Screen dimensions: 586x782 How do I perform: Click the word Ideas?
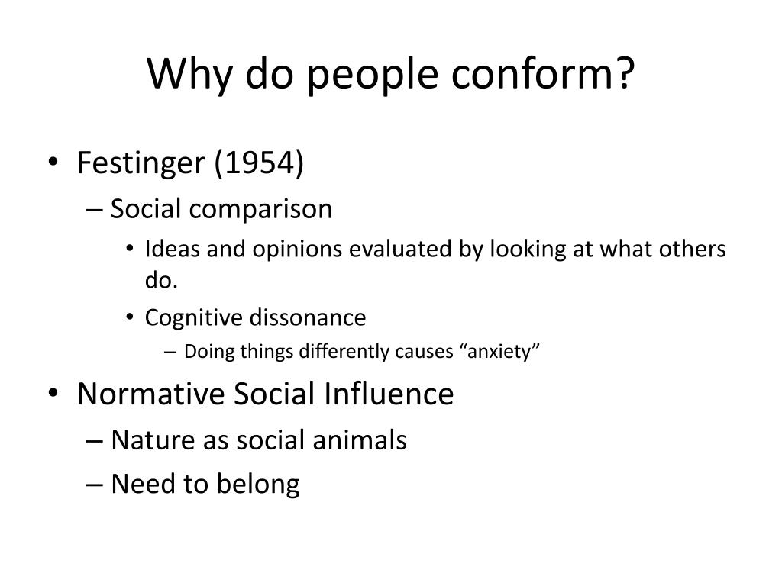[x=167, y=250]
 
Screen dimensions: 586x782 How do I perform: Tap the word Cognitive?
[x=190, y=317]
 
